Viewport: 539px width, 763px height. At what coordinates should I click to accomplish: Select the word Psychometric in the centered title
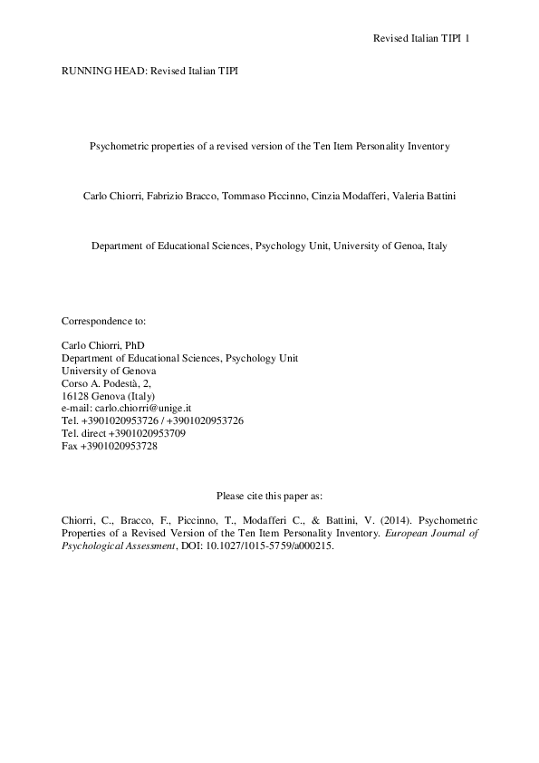click(117, 146)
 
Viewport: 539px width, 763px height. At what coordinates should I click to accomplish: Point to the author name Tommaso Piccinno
click(249, 196)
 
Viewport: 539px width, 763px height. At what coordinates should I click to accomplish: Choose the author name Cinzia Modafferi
click(335, 196)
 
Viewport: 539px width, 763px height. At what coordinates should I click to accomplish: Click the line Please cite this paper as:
click(269, 495)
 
